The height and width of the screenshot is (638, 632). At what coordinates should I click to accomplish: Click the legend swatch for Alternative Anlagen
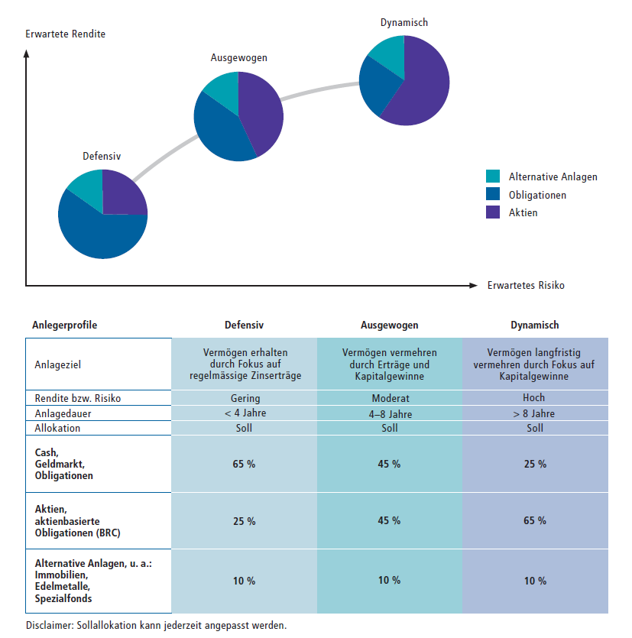click(x=493, y=177)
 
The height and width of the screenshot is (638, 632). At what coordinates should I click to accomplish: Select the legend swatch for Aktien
click(x=493, y=212)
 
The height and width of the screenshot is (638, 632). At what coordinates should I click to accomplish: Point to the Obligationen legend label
click(x=537, y=195)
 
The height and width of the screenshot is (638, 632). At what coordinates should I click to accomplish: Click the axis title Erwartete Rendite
click(x=65, y=34)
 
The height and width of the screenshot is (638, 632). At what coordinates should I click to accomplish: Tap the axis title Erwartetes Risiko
click(x=526, y=286)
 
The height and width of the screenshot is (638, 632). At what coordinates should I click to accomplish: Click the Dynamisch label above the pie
click(x=404, y=22)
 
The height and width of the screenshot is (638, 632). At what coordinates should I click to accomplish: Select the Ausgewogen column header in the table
click(x=389, y=325)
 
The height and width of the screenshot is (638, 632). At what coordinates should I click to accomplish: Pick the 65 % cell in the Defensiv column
click(x=244, y=464)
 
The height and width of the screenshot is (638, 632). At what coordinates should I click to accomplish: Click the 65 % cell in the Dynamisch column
click(x=535, y=464)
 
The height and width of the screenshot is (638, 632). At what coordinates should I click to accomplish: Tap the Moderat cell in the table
click(x=389, y=398)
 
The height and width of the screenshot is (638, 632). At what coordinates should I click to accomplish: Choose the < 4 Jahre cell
click(x=244, y=413)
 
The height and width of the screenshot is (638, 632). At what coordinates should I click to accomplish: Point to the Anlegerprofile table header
click(x=64, y=325)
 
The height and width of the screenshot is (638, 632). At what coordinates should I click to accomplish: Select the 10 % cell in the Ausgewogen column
click(x=389, y=581)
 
